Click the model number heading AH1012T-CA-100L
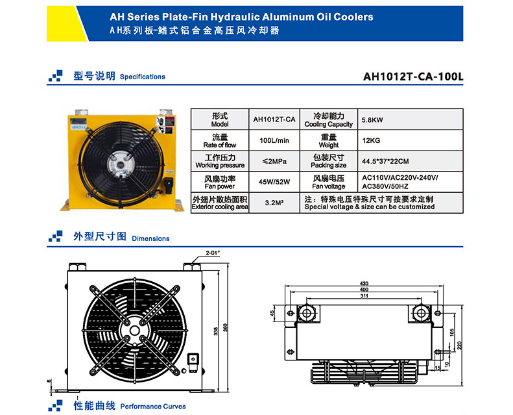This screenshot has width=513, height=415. (x=414, y=75)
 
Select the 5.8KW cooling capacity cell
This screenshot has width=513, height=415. (x=371, y=120)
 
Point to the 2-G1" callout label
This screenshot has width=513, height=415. (x=213, y=251)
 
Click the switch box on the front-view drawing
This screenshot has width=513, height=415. (x=192, y=359)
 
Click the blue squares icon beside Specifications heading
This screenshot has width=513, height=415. (x=56, y=76)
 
